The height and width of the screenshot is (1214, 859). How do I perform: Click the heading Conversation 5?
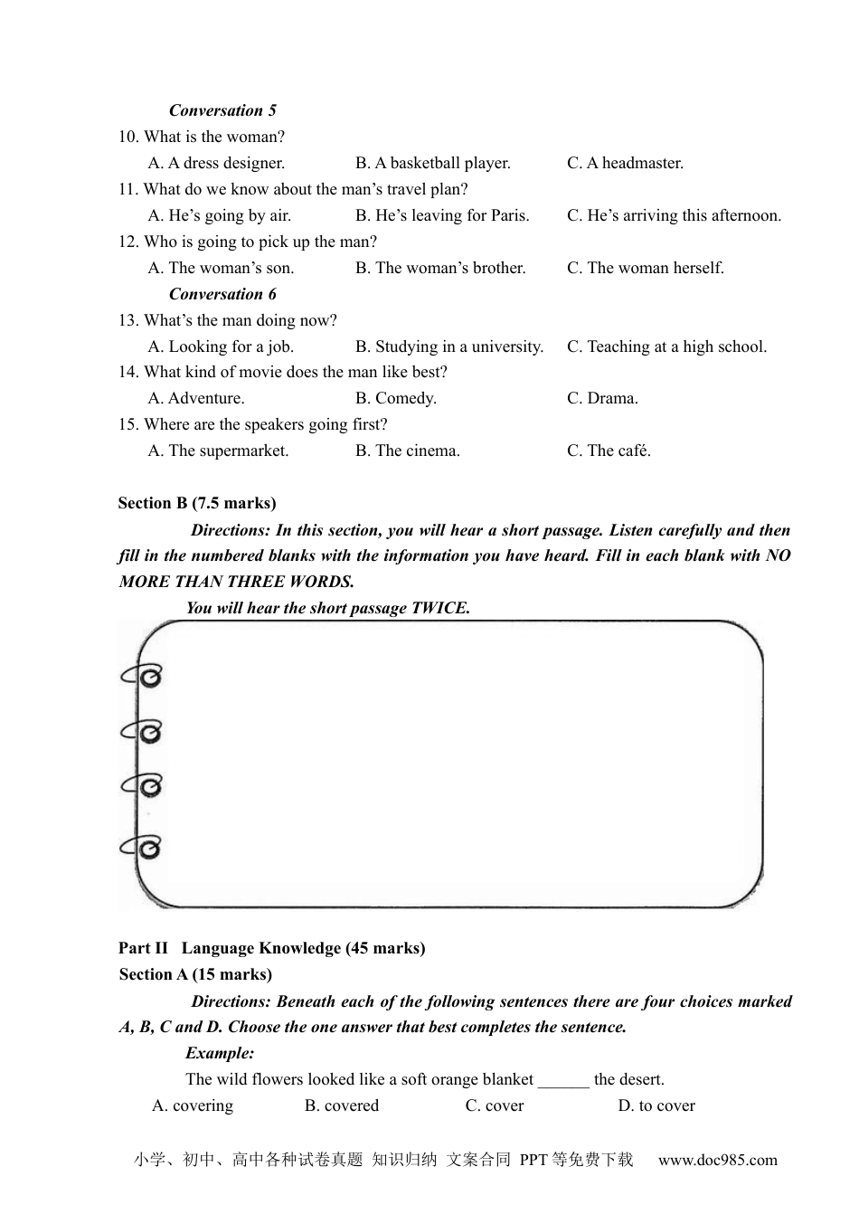click(x=222, y=110)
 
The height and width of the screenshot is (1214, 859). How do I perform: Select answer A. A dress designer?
click(x=216, y=163)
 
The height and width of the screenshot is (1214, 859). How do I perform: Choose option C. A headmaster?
click(x=625, y=163)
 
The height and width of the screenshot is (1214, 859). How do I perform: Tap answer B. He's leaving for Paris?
click(x=442, y=215)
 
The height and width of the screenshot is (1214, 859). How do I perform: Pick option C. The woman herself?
click(x=645, y=268)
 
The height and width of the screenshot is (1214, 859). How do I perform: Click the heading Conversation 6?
click(x=222, y=294)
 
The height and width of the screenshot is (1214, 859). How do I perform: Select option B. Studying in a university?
click(x=449, y=346)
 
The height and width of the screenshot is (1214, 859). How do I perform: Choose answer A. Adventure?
click(x=196, y=398)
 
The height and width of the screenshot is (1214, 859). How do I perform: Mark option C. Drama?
click(x=602, y=398)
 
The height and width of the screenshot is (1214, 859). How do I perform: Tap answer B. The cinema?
click(x=407, y=451)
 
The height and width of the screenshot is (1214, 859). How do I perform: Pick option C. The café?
click(x=609, y=451)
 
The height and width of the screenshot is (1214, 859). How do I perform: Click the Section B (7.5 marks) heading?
click(x=197, y=503)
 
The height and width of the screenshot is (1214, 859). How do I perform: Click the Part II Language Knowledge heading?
click(x=271, y=948)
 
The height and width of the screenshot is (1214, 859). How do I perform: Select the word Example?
click(x=220, y=1053)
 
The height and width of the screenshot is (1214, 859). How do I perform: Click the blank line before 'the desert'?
click(x=563, y=1079)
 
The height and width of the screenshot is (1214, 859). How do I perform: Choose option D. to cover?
click(x=656, y=1105)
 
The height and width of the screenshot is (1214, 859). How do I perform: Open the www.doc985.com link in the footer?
click(x=717, y=1160)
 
